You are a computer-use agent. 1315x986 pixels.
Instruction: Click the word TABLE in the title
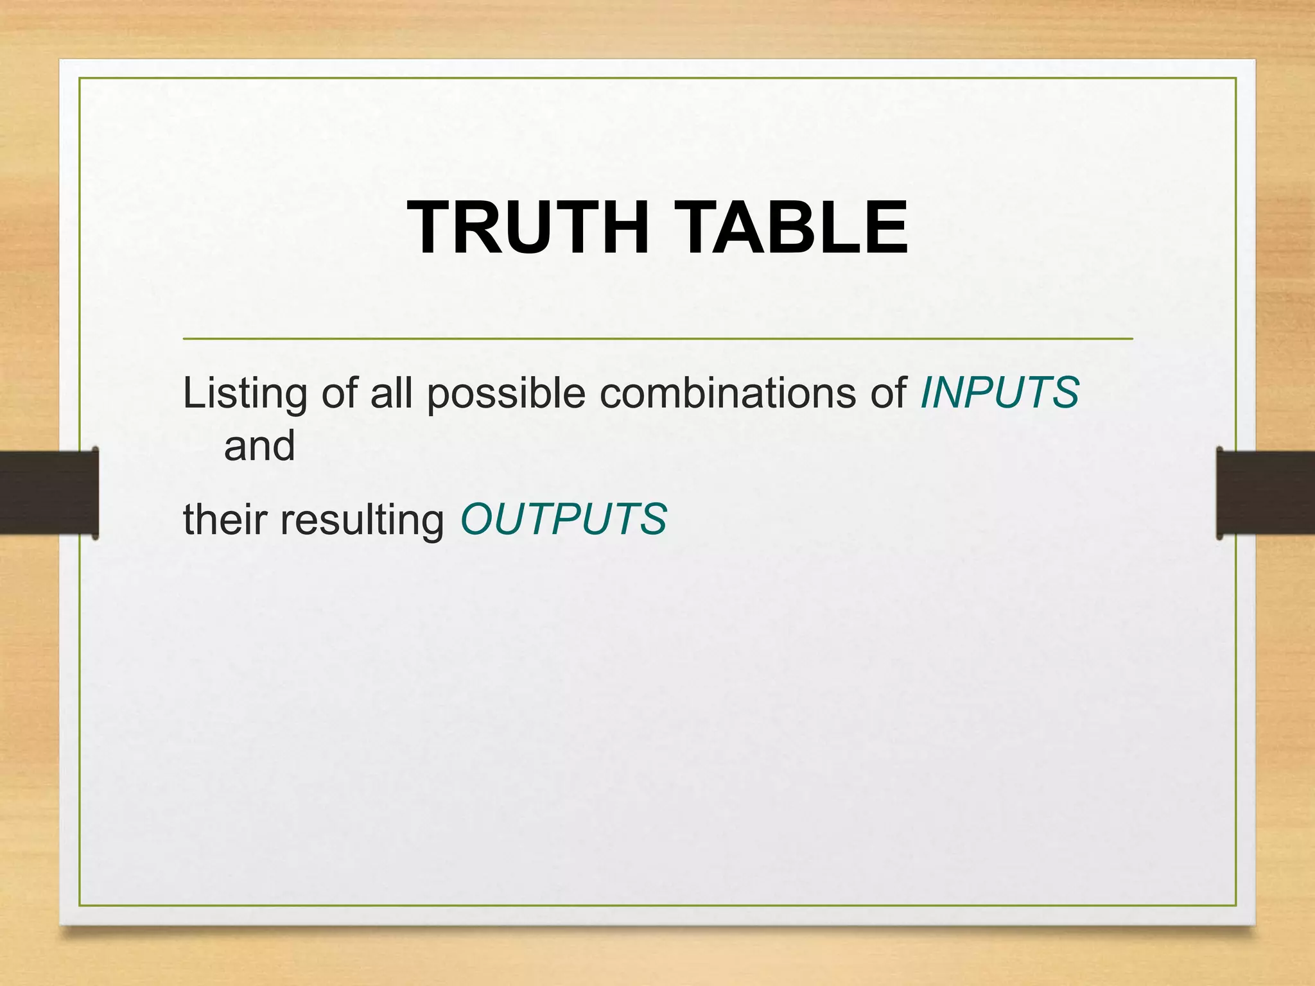(x=792, y=228)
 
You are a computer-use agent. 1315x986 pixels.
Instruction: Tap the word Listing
(x=245, y=394)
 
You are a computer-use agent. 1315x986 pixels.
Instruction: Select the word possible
(x=506, y=394)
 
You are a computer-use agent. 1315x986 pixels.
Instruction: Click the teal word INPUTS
(x=1000, y=392)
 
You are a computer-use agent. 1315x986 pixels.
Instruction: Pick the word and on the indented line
(x=259, y=445)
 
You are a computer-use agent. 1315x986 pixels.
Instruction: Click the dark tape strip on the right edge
(x=1265, y=492)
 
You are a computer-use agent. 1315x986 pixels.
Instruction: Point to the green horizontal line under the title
(x=657, y=338)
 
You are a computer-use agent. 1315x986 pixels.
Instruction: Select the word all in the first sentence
(x=391, y=392)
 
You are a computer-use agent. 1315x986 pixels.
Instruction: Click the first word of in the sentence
(x=339, y=392)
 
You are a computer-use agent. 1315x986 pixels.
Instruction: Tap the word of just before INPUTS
(x=889, y=392)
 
